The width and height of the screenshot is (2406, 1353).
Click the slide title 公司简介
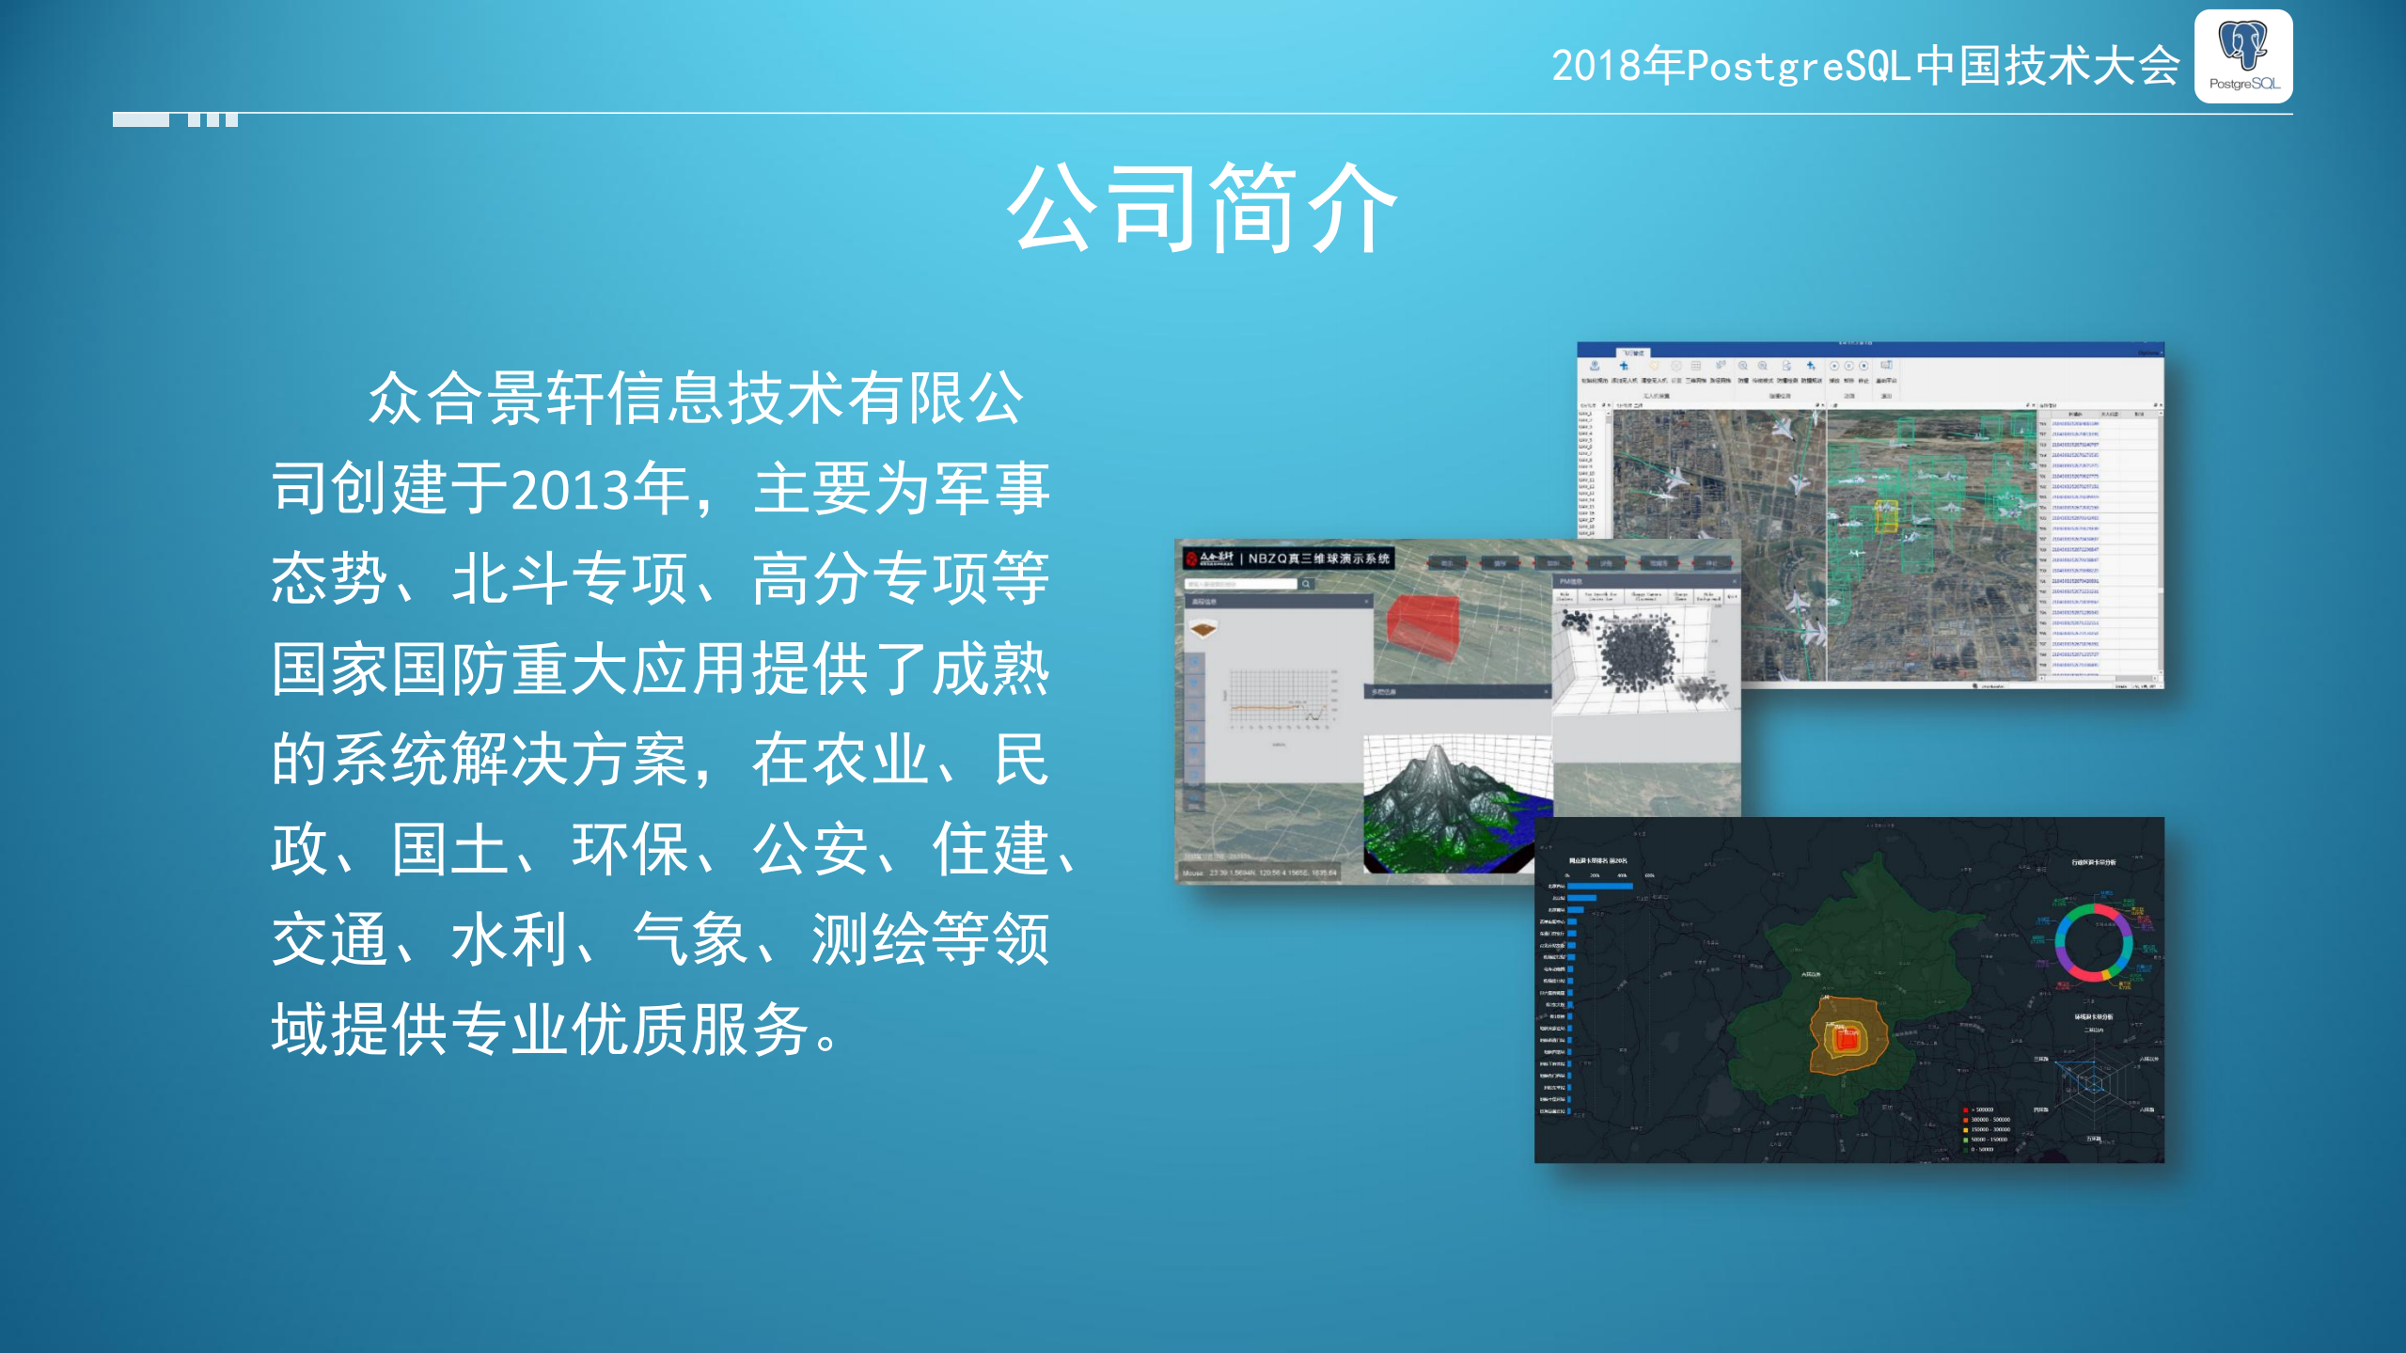pyautogui.click(x=1203, y=208)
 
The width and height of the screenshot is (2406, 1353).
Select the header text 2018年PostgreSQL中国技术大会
pyautogui.click(x=1865, y=66)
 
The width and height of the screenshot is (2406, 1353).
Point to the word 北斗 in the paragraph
pyautogui.click(x=511, y=579)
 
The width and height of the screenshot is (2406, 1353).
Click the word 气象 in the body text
pyautogui.click(x=691, y=940)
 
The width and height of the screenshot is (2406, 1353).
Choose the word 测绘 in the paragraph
pyautogui.click(x=872, y=940)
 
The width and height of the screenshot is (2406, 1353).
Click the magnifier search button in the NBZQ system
pyautogui.click(x=1306, y=584)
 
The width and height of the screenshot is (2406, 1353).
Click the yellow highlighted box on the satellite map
pyautogui.click(x=1886, y=515)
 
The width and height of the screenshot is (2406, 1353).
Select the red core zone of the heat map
pyautogui.click(x=1847, y=1040)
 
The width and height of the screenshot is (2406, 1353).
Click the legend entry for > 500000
pyautogui.click(x=1982, y=1109)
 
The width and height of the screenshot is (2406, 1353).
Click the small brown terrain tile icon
pyautogui.click(x=1203, y=628)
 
